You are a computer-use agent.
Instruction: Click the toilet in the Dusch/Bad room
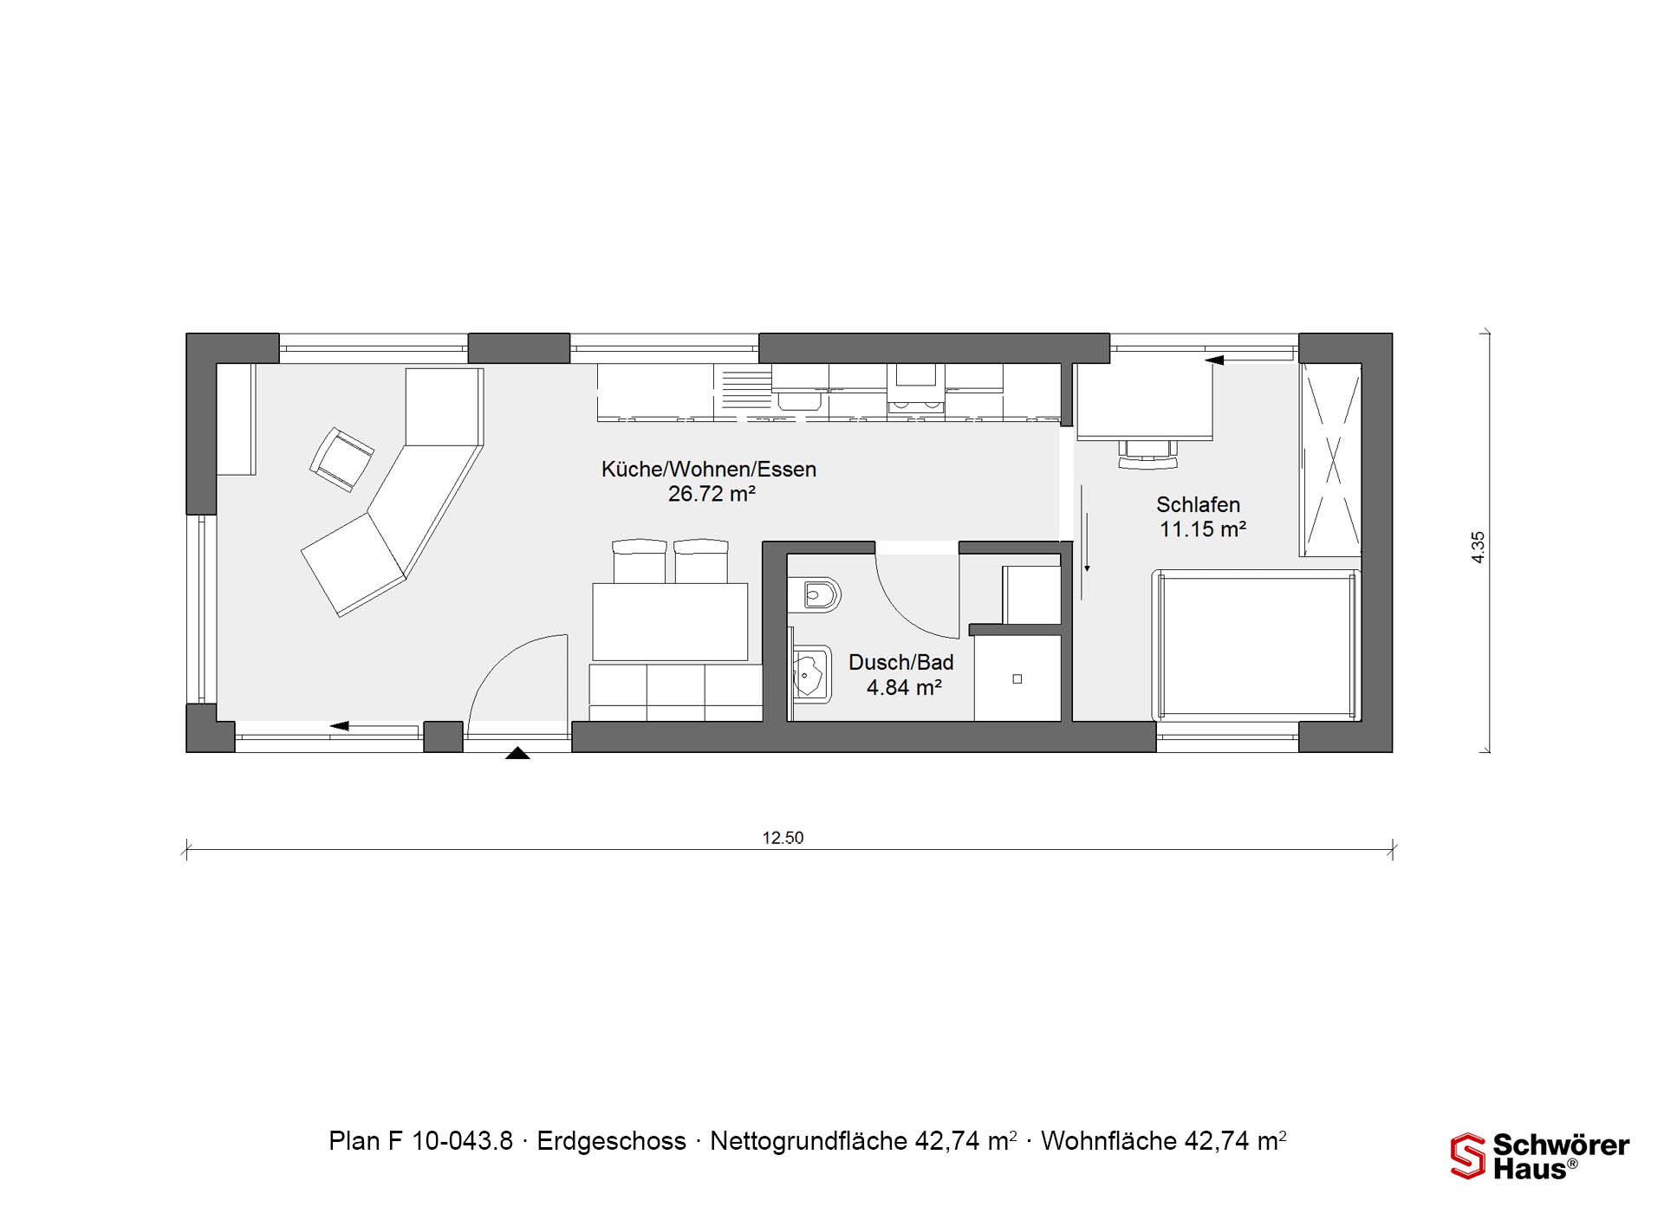(x=814, y=595)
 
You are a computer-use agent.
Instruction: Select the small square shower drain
(x=1017, y=679)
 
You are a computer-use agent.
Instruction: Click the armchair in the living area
(x=341, y=459)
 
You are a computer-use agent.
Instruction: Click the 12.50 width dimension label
(x=783, y=838)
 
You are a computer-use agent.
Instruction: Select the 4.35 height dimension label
(x=1479, y=548)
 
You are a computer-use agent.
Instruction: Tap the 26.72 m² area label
(x=712, y=494)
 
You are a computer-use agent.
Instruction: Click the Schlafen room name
(x=1198, y=504)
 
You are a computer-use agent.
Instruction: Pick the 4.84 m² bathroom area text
(x=904, y=687)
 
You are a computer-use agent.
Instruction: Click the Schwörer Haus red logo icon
(x=1468, y=1156)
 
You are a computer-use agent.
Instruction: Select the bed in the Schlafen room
(x=1256, y=645)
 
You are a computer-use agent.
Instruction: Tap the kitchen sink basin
(x=798, y=399)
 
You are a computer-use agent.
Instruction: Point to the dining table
(x=670, y=622)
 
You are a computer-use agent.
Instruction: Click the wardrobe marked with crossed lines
(x=1330, y=459)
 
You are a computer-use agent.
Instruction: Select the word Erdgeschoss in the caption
(x=611, y=1141)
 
